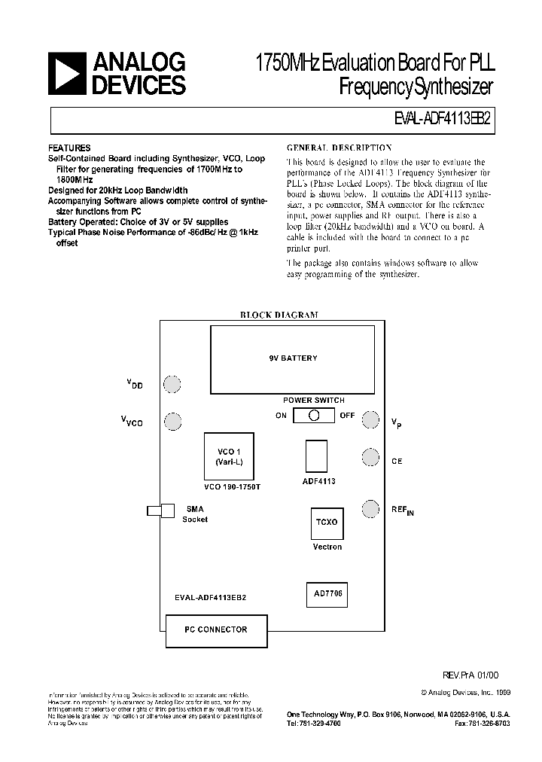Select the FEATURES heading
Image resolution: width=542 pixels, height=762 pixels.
[69, 148]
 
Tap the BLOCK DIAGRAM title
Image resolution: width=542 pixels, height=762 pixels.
[279, 315]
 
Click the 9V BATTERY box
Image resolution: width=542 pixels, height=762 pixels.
[293, 358]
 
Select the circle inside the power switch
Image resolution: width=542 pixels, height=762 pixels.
[315, 415]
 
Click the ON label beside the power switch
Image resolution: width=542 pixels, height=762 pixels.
[281, 416]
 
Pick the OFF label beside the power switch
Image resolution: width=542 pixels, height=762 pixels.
[346, 416]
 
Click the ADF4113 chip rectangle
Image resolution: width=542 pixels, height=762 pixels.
[316, 456]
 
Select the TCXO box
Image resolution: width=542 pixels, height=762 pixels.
[327, 521]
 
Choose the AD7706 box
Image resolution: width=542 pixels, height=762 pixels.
[328, 593]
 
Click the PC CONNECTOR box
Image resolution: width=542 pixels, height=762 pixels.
[217, 629]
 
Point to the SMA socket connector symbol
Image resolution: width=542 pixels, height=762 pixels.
[162, 511]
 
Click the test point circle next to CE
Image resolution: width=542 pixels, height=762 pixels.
[370, 457]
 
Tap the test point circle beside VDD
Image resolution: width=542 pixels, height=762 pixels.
[172, 384]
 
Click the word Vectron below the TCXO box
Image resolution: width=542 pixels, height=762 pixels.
[327, 547]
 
